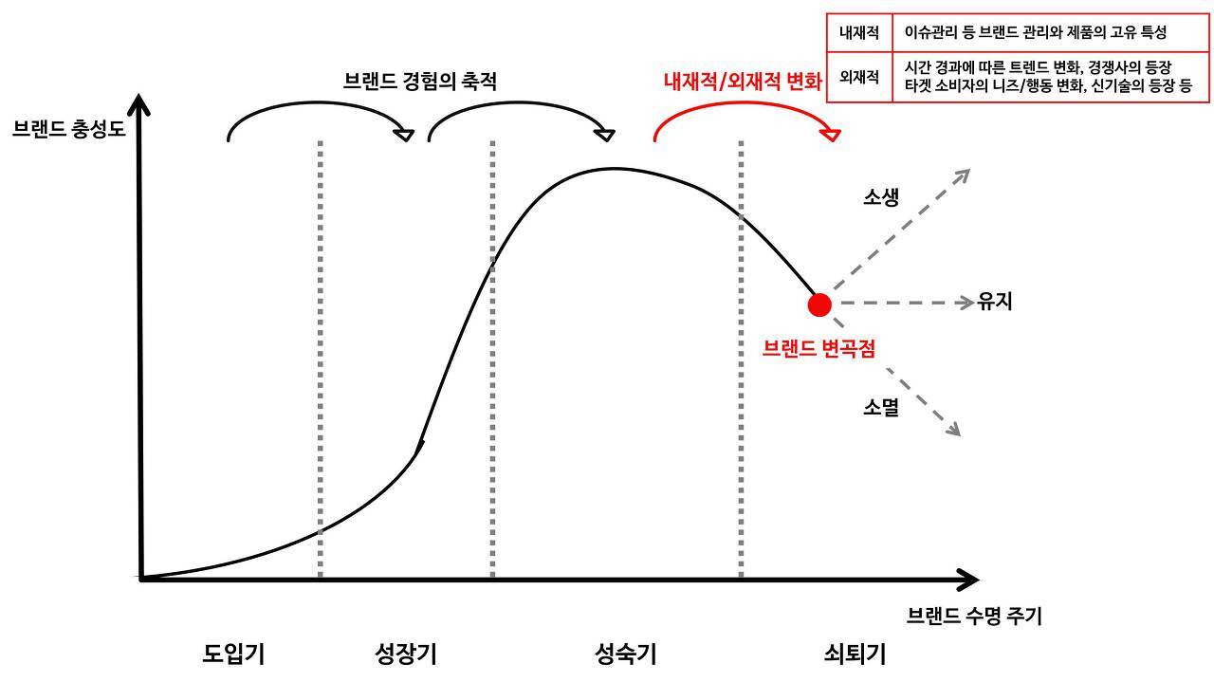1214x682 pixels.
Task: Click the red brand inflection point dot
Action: point(819,304)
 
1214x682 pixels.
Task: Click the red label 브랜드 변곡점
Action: point(819,348)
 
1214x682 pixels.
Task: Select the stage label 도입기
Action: point(233,654)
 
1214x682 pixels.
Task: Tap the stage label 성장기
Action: point(406,654)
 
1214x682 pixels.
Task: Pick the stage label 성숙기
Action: point(626,654)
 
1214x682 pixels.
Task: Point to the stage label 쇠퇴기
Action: point(855,654)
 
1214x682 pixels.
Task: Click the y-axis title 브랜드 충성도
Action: point(68,129)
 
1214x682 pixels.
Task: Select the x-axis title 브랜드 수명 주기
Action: point(974,616)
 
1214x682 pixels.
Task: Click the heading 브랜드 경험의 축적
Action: point(419,82)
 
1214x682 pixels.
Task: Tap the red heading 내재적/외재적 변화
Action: point(742,82)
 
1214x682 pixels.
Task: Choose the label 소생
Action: point(880,197)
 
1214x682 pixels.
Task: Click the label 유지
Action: point(995,303)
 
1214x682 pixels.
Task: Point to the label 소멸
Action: point(880,408)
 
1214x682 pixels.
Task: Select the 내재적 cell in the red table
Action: point(859,32)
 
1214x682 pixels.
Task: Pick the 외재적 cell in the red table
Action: point(859,76)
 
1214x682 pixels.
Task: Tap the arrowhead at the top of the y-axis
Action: point(140,104)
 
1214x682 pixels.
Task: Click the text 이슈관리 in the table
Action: point(929,32)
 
